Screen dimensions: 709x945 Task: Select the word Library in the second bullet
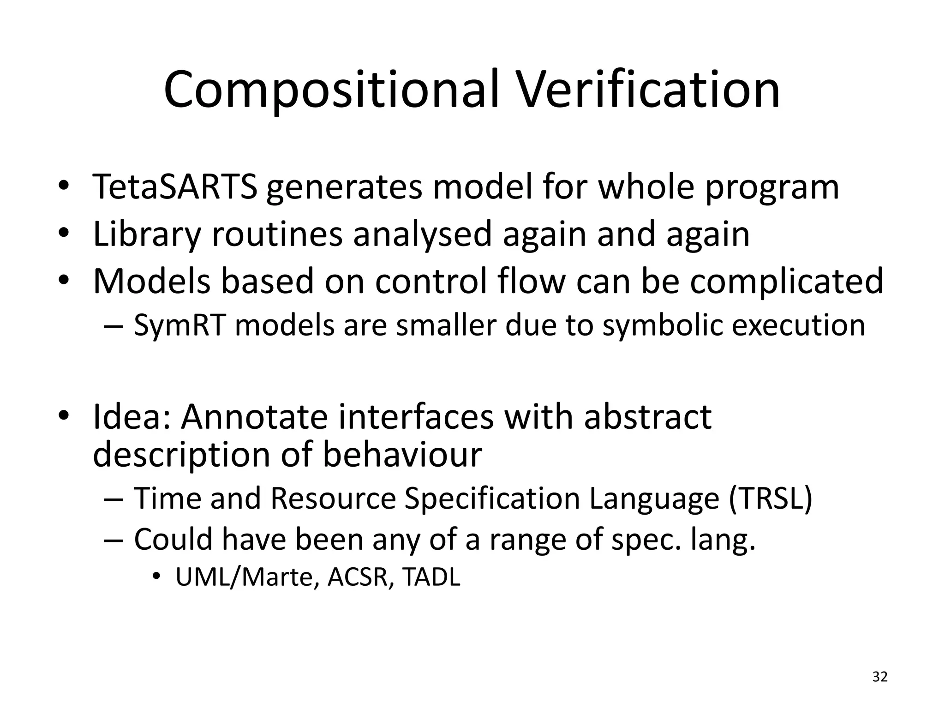coord(147,234)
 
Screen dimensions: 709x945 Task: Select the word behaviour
coord(401,454)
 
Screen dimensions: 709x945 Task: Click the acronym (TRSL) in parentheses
coord(770,499)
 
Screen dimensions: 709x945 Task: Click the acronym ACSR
coord(357,577)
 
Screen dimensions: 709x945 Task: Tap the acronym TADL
coord(431,577)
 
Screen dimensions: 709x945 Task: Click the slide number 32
coord(880,677)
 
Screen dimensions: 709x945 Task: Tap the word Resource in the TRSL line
coord(333,499)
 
